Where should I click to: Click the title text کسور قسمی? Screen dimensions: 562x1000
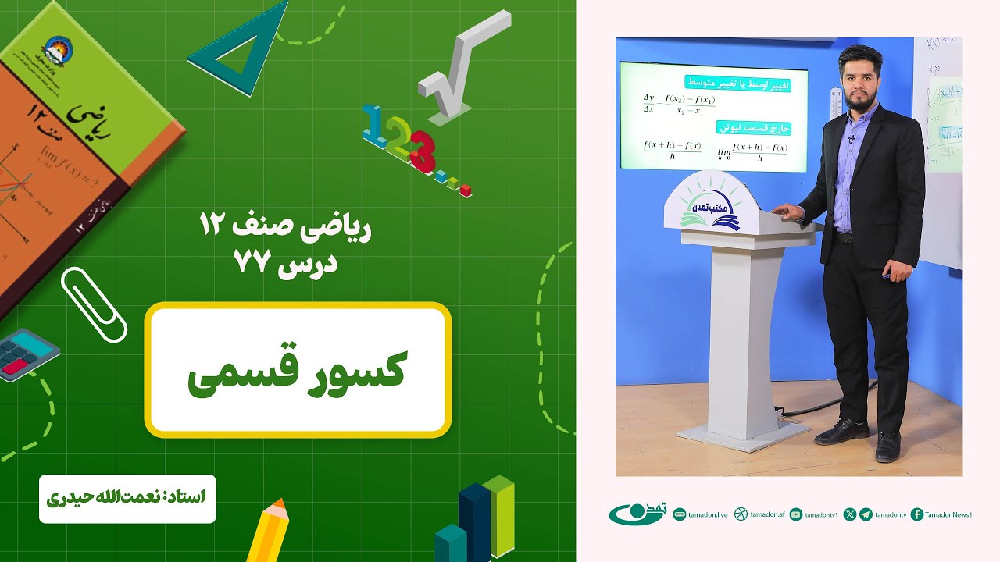pos(298,373)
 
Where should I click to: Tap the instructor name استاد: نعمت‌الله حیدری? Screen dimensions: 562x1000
pos(127,496)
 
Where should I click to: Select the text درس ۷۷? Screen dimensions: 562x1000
pos(286,263)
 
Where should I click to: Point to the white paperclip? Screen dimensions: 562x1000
pos(93,304)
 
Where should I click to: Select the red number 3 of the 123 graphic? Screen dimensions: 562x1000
pos(422,152)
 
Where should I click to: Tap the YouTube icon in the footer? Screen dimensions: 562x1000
pos(796,514)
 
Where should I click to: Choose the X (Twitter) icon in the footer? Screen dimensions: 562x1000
pos(850,514)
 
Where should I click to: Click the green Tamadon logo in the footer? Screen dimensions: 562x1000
pos(637,514)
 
